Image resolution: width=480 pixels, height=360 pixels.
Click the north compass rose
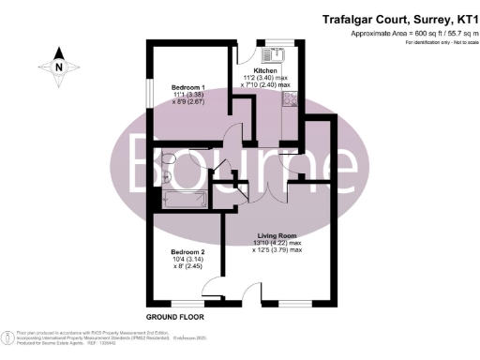[58, 67]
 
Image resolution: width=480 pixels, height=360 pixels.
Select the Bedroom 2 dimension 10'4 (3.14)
[187, 261]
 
